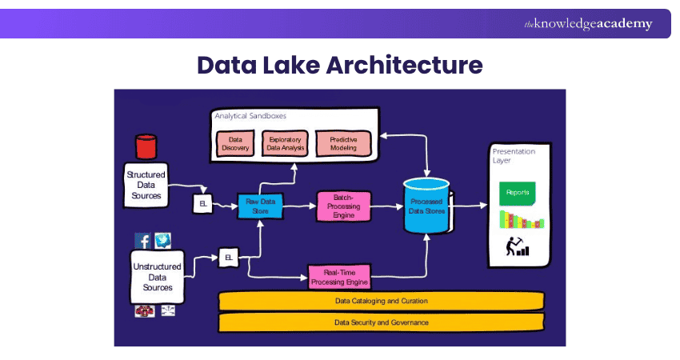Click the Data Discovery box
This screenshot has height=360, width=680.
[235, 143]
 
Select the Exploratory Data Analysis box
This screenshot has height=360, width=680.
[284, 143]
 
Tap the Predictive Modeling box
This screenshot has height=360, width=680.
[343, 143]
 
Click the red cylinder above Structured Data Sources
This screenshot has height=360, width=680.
[146, 146]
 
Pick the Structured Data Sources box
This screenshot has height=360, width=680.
[146, 185]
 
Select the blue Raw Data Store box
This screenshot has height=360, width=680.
[260, 205]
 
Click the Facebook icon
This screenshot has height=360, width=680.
[143, 241]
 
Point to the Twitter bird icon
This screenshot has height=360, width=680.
[162, 240]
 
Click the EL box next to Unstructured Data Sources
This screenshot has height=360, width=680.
[228, 258]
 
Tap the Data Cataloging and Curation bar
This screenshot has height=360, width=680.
[381, 302]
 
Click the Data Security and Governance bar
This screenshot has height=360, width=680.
[381, 322]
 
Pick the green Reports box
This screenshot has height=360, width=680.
[517, 193]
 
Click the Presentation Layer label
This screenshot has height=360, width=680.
[513, 155]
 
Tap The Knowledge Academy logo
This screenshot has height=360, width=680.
[588, 24]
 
